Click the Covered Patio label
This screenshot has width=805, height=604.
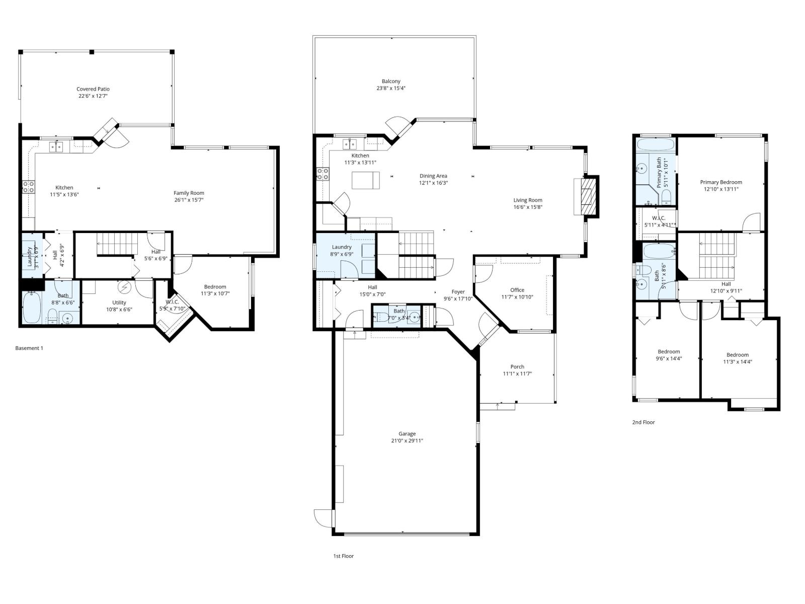tap(93, 89)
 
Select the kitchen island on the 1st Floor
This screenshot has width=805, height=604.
tap(366, 180)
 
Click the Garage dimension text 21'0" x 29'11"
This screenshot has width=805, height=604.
tap(407, 441)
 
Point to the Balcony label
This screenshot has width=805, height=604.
tap(391, 81)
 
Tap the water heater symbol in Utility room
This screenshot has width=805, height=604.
tap(124, 287)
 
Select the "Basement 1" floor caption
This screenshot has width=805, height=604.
tap(29, 348)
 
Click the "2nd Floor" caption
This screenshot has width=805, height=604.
tap(643, 422)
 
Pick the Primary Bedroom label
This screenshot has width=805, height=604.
tap(720, 182)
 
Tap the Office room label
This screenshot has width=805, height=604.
tap(517, 290)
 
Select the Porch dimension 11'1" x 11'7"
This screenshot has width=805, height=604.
tap(517, 374)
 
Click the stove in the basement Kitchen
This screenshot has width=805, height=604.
tap(29, 187)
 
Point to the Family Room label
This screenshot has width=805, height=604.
tap(189, 193)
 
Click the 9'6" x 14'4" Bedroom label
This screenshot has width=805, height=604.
tap(669, 352)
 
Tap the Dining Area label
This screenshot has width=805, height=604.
tap(433, 176)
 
